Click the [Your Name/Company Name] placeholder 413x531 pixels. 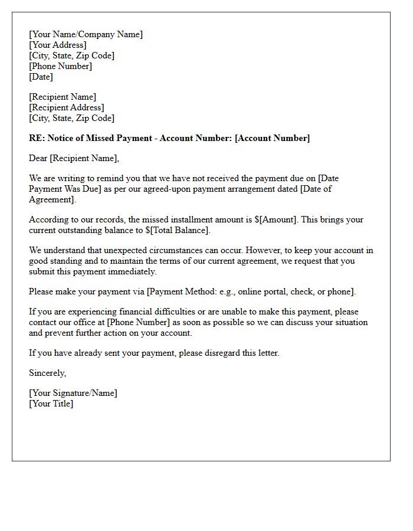[x=86, y=34]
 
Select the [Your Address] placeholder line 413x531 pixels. [x=57, y=45]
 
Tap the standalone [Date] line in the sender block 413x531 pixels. [x=41, y=77]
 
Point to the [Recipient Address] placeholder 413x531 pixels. [x=66, y=107]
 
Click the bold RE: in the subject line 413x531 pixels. [x=37, y=138]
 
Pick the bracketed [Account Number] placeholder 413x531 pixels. [x=272, y=138]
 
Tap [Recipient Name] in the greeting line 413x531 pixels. [x=84, y=158]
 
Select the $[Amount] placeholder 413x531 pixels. [x=277, y=219]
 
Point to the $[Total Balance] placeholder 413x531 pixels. [x=177, y=230]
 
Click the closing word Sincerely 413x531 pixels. [x=47, y=373]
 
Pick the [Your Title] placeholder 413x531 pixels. [x=51, y=404]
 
